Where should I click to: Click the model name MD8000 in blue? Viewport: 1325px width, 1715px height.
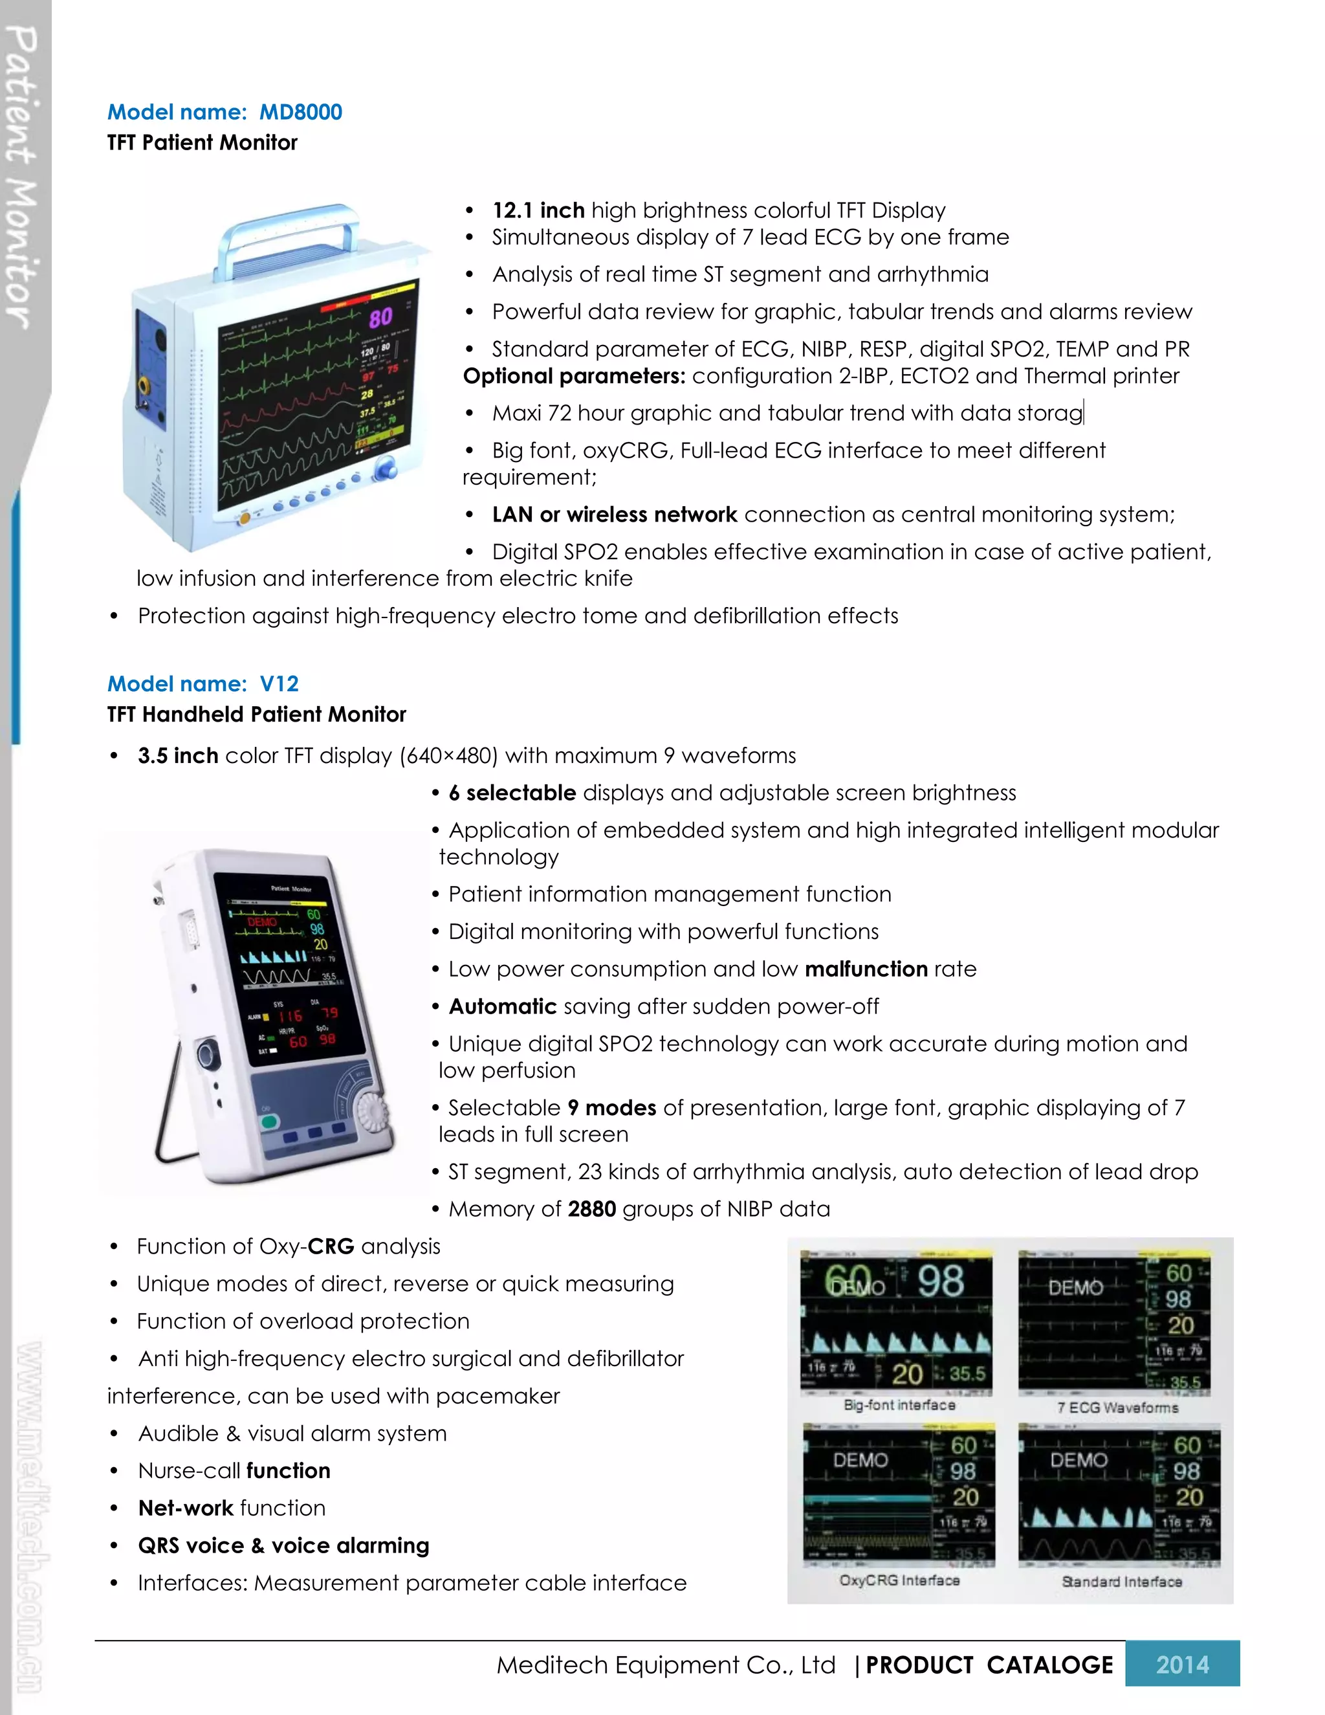coord(301,113)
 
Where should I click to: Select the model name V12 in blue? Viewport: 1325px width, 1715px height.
coord(279,684)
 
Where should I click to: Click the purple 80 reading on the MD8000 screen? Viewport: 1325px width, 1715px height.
coord(380,318)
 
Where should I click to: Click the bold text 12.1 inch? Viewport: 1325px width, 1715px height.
coord(538,210)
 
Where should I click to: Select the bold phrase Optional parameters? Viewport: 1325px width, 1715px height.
coord(574,376)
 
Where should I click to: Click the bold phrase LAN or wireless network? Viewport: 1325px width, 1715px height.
coord(615,514)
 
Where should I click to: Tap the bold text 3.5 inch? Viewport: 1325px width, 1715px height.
coord(177,755)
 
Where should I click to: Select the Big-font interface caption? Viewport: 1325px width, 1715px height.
coord(899,1405)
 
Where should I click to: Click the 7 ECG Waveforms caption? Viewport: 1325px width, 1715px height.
coord(1118,1407)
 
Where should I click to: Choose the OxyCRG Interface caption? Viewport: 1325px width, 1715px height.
coord(899,1580)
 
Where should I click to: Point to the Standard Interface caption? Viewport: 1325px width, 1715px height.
coord(1122,1582)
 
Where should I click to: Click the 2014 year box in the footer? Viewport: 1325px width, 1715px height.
coord(1182,1664)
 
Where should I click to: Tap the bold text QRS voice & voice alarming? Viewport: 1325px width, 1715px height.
coord(283,1545)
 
